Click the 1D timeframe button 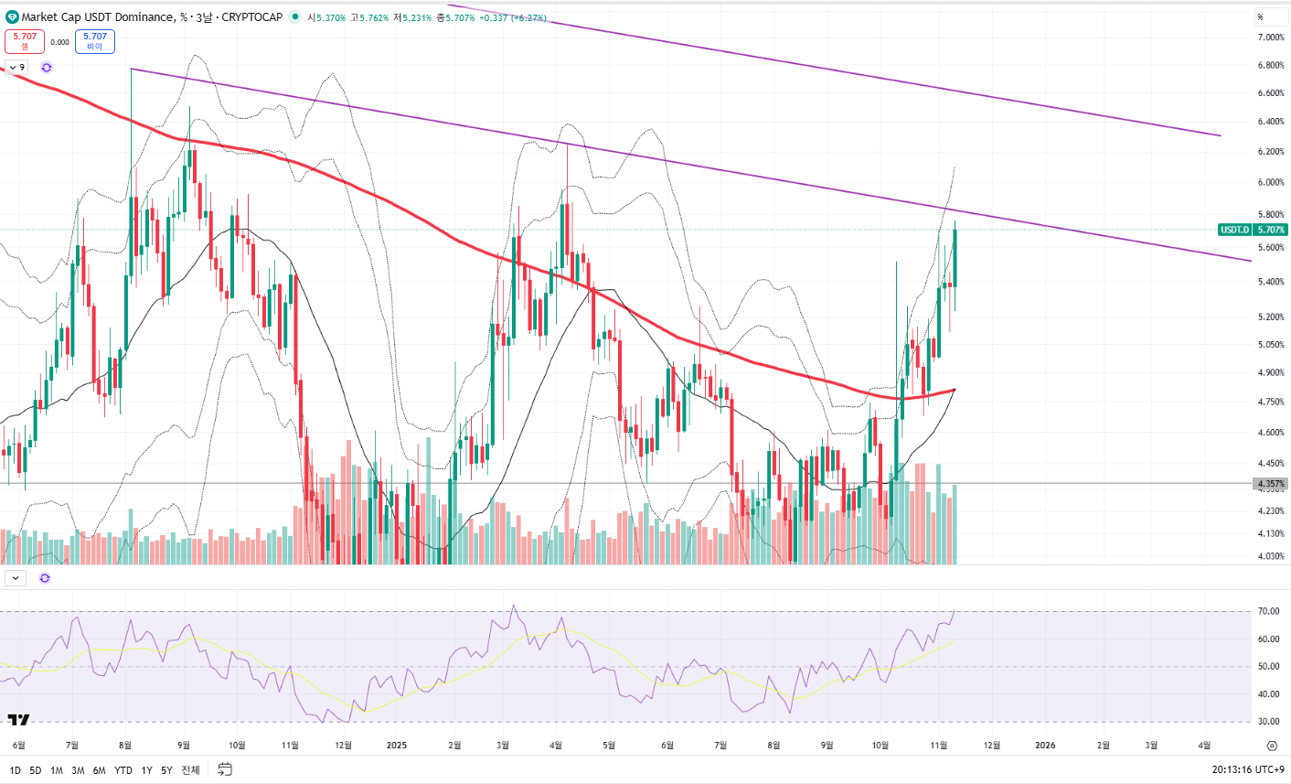(x=15, y=770)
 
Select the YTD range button (x=123, y=770)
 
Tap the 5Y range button (x=166, y=770)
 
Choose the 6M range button (x=99, y=770)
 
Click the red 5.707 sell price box (x=25, y=41)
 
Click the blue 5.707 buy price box (x=95, y=41)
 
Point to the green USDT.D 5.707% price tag (x=1254, y=230)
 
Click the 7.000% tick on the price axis (x=1271, y=38)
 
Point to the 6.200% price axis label (x=1271, y=152)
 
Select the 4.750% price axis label (x=1271, y=402)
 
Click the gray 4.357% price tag (x=1271, y=484)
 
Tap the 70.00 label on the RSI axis (x=1268, y=611)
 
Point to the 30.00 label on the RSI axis (x=1268, y=722)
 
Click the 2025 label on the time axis (x=396, y=746)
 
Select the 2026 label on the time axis (x=1045, y=746)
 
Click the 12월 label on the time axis (x=992, y=746)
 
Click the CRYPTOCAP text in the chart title (x=251, y=17)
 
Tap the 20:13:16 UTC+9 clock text (x=1248, y=770)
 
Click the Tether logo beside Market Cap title (x=12, y=17)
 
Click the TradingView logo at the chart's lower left (x=18, y=720)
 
